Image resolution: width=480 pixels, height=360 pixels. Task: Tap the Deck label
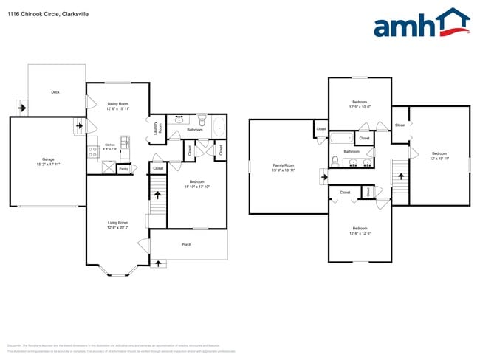55,92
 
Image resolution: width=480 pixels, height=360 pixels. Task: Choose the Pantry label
123,169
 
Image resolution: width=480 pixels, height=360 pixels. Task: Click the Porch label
187,245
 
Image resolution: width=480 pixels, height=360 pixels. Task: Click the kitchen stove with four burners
93,151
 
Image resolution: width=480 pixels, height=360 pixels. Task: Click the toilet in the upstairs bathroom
335,161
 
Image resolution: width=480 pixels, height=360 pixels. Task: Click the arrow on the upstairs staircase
402,176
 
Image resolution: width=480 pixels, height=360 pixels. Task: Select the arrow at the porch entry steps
159,263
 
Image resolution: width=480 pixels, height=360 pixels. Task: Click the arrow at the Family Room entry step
323,177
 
